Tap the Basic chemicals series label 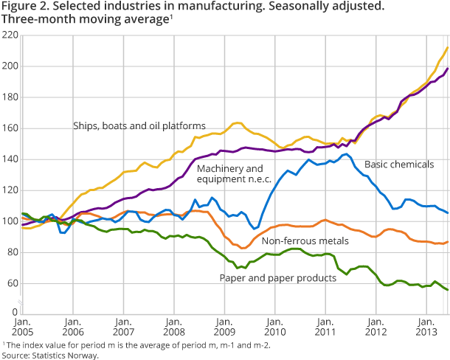pyautogui.click(x=400, y=165)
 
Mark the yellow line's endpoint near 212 pyautogui.click(x=447, y=48)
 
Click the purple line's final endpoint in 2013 pyautogui.click(x=447, y=69)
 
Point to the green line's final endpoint pyautogui.click(x=447, y=290)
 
